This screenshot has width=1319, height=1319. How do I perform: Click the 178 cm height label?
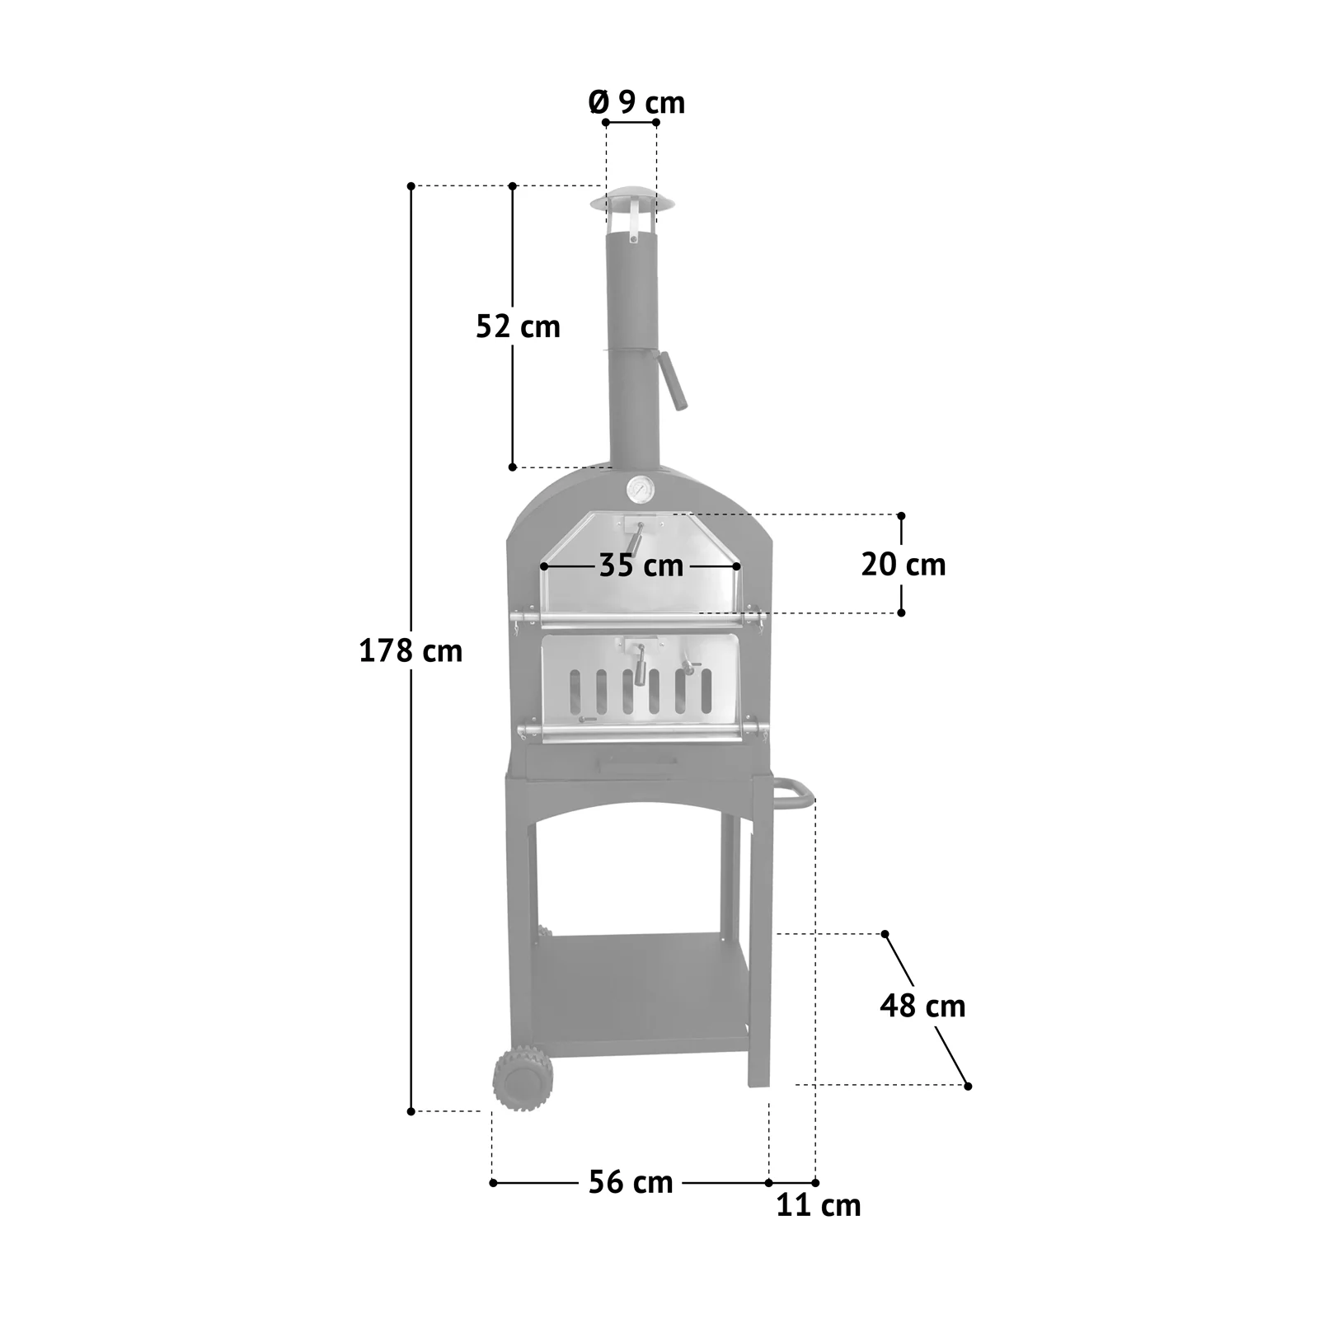411,651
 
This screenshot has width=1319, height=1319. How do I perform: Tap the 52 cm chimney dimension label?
518,326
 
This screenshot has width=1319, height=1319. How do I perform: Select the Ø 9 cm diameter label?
636,102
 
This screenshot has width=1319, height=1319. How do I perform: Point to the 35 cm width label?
641,566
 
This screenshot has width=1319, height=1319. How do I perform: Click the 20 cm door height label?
904,565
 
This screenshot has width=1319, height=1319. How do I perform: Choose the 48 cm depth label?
922,1006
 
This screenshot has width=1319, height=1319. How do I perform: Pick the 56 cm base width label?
631,1182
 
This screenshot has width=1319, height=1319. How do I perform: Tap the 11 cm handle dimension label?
819,1205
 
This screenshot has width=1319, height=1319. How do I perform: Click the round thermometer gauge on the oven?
640,490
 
